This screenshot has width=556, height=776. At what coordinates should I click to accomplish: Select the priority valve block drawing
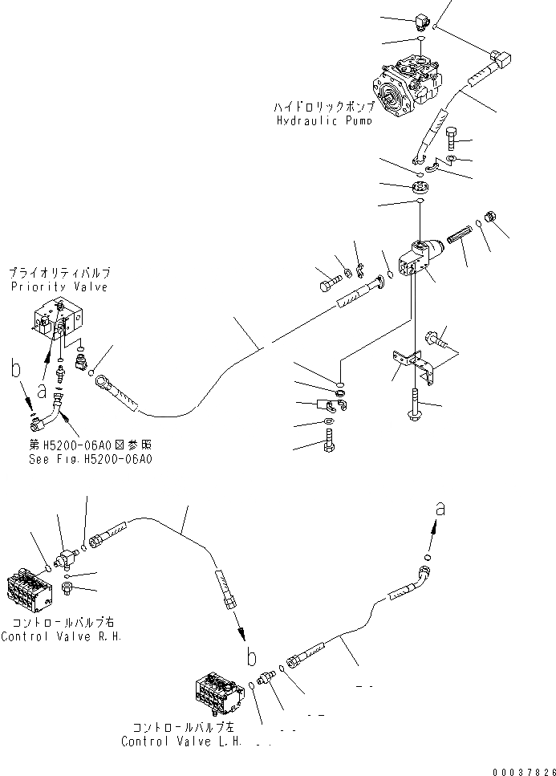[59, 319]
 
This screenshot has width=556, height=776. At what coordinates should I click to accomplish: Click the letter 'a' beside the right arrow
[439, 507]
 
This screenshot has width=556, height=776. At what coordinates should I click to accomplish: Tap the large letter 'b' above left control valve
[251, 657]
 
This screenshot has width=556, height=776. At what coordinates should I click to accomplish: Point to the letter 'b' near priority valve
[15, 371]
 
